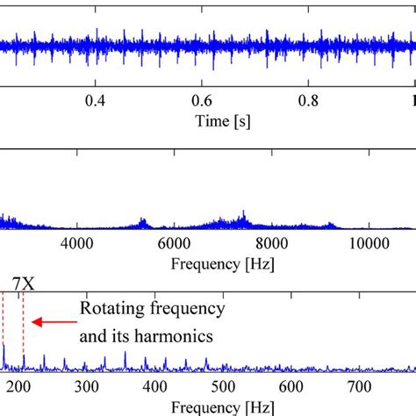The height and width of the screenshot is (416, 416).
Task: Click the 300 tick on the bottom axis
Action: click(86, 387)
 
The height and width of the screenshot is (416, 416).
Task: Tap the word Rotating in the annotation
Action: click(109, 310)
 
